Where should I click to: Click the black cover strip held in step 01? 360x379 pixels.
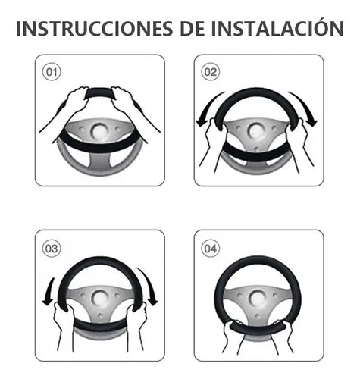coord(99,92)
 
